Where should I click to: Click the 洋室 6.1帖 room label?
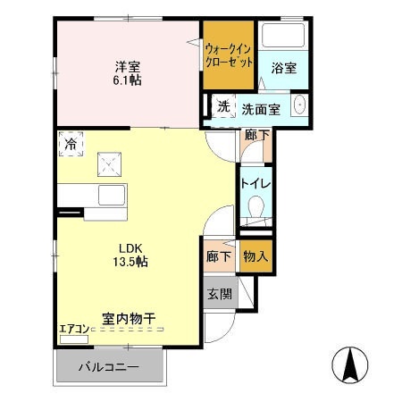point(128,73)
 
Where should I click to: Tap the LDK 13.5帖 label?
point(130,255)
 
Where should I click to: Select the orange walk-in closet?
point(229,54)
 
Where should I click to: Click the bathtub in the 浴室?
point(284,35)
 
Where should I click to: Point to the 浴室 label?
point(284,68)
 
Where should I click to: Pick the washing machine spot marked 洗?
point(223,106)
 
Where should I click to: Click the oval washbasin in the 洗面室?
point(299,105)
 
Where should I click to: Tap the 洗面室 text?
point(261,110)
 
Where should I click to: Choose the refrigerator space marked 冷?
point(71,144)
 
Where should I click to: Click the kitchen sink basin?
point(112,196)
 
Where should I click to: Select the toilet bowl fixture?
point(256,206)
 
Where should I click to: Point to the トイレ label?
point(255,183)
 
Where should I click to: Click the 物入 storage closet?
point(255,256)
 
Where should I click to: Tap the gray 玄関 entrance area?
point(221,294)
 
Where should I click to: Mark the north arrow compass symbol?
point(350,364)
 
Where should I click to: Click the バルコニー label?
point(109,366)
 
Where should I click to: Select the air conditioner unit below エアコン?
point(74,339)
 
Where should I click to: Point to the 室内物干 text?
point(129,319)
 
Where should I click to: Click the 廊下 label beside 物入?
point(219,256)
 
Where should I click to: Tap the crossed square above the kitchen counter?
point(110,164)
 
